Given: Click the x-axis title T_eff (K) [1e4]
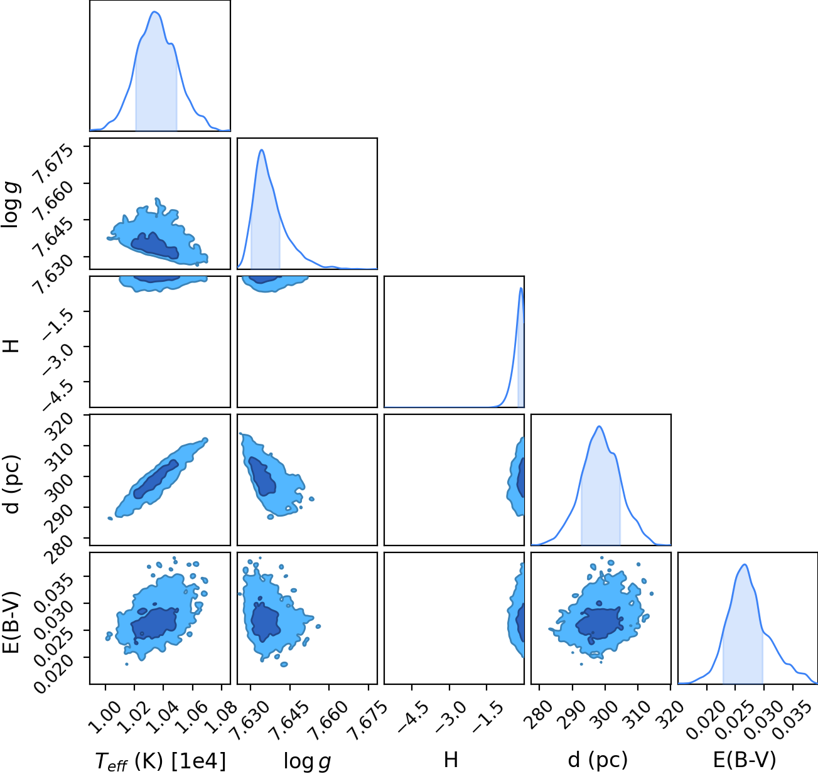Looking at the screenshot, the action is click(x=161, y=761).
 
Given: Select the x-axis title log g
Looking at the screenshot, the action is click(x=307, y=761).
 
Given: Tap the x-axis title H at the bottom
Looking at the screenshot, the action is click(x=451, y=760).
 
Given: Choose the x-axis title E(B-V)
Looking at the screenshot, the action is click(x=745, y=760).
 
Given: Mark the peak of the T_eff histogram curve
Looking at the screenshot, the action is click(x=155, y=12).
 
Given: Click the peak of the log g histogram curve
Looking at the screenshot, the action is click(x=262, y=149).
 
